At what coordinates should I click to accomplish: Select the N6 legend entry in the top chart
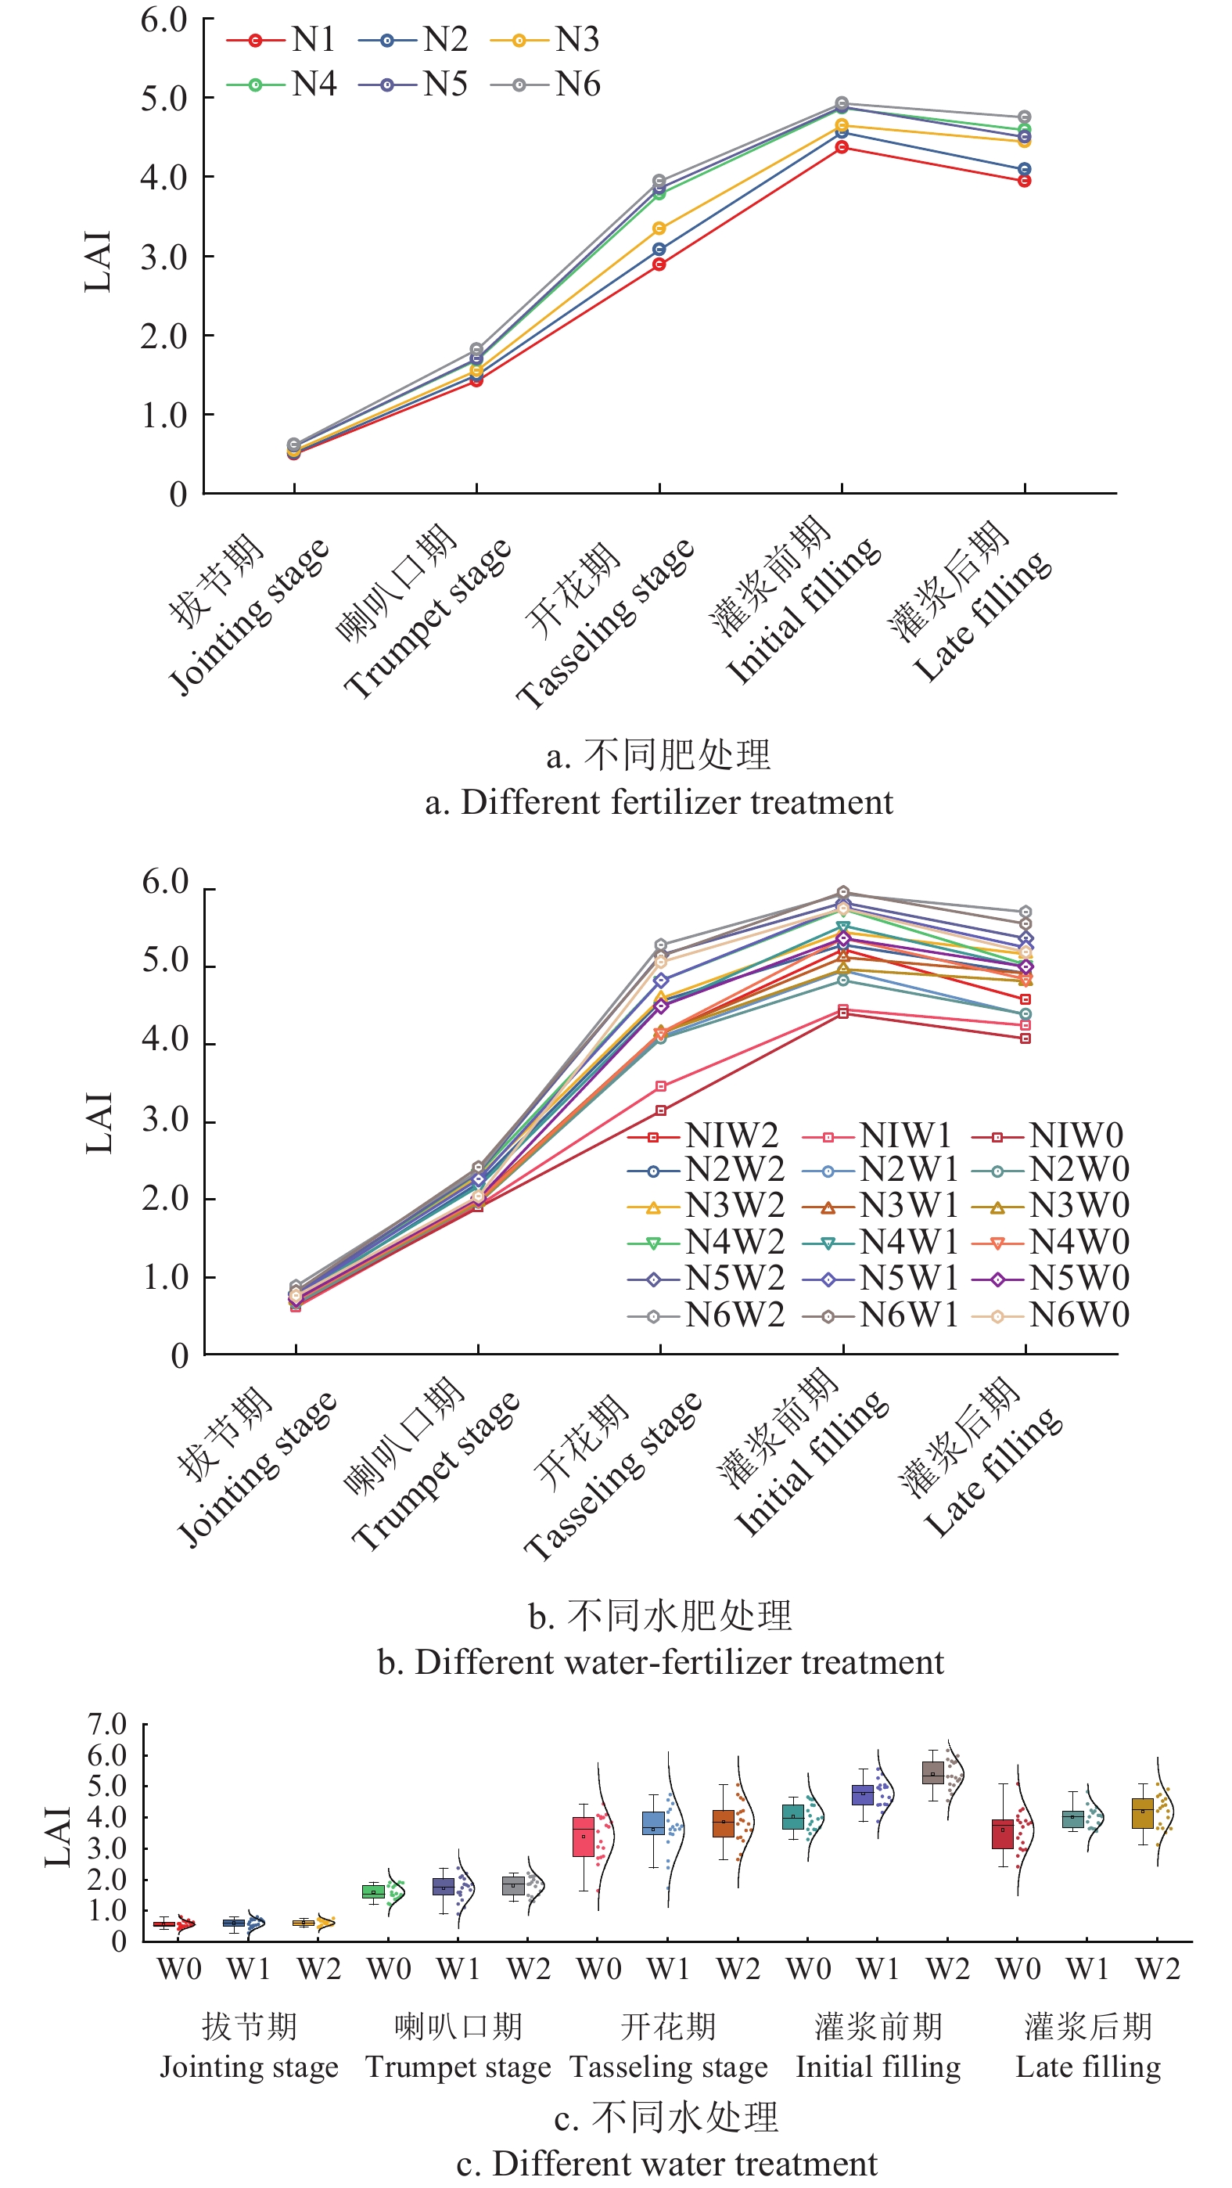tap(546, 84)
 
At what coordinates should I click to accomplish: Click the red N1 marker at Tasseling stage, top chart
tap(659, 265)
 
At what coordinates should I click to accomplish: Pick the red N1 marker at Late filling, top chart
tap(1024, 181)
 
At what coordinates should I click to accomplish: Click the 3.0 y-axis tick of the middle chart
tap(166, 1121)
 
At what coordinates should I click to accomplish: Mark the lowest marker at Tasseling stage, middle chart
tap(660, 1110)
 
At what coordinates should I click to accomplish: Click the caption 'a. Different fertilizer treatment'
tap(659, 802)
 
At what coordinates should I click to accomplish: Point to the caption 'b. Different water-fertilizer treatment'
tap(659, 1662)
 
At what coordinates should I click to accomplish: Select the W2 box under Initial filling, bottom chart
tap(932, 1774)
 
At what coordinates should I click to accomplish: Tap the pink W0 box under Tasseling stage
tap(584, 1837)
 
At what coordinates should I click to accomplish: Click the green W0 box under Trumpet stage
tap(373, 1891)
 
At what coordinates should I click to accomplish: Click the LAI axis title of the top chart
tap(98, 261)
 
